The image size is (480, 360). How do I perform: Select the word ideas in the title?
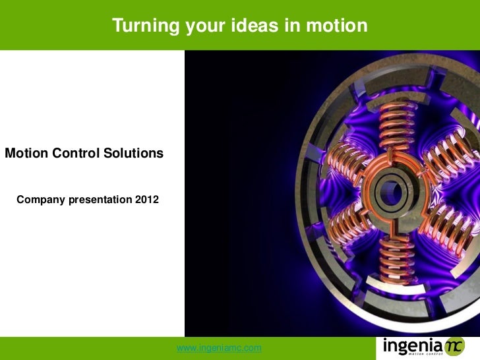255,25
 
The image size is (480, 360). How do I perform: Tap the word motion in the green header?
337,25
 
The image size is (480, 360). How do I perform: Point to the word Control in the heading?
76,153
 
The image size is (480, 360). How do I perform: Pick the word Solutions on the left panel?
133,153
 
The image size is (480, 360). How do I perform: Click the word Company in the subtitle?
41,200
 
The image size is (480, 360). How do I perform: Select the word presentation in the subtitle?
100,200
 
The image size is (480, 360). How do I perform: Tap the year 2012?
147,200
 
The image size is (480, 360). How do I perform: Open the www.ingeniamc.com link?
219,348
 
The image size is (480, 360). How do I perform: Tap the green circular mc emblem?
454,347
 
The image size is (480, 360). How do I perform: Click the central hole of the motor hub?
390,193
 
